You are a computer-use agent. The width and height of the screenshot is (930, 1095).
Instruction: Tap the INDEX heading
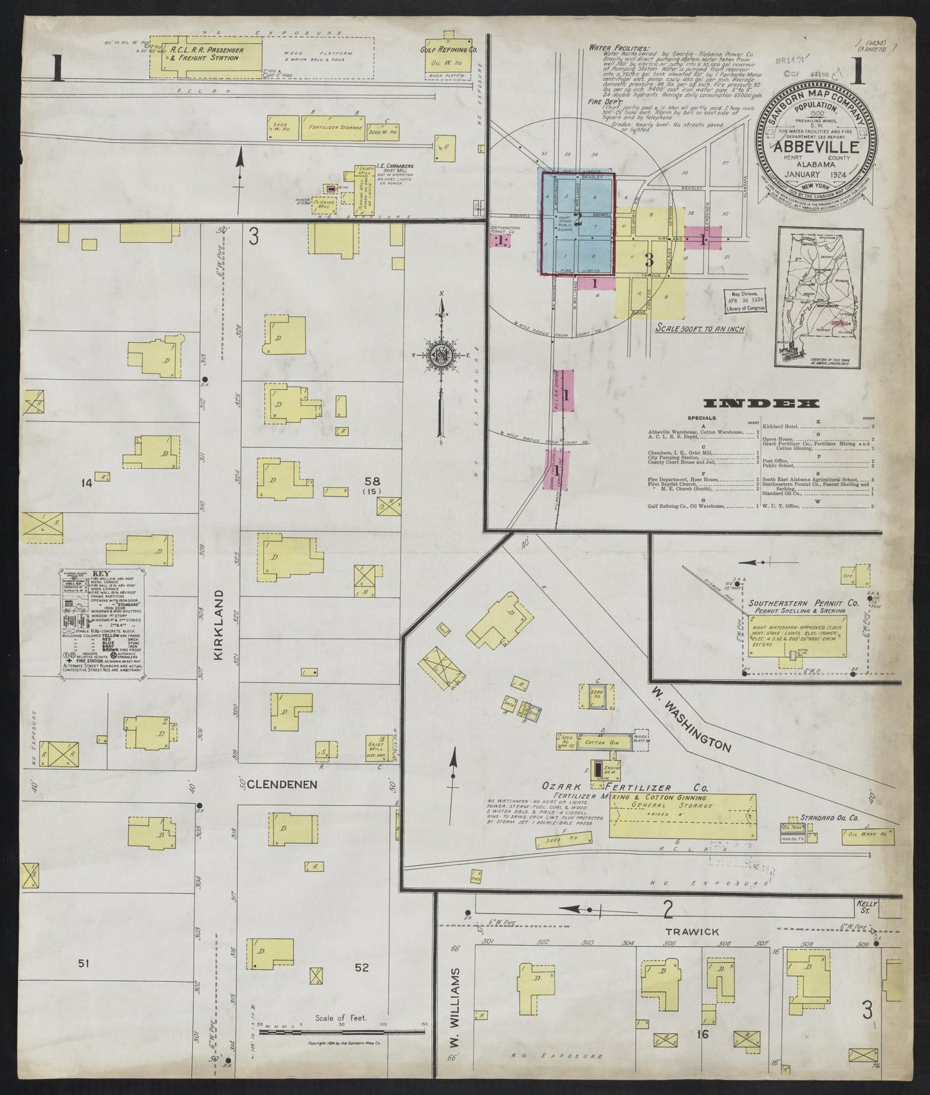click(x=761, y=404)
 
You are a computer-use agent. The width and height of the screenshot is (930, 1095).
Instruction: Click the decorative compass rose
click(x=442, y=355)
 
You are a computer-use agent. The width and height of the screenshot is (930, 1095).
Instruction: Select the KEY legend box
click(x=102, y=622)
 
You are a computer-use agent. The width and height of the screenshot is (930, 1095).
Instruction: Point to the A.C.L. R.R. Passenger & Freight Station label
click(x=205, y=53)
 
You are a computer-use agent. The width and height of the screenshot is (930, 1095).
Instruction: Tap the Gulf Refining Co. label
click(x=448, y=50)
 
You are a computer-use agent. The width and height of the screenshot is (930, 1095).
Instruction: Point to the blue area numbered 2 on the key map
click(x=577, y=221)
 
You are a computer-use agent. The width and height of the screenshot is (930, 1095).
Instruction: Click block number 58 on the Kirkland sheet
click(x=371, y=480)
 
